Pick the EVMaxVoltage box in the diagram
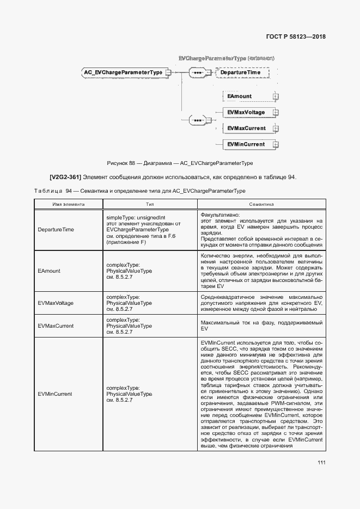click(247, 113)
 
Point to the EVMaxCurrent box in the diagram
click(247, 128)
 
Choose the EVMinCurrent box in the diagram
click(247, 144)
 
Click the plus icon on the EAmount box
click(276, 97)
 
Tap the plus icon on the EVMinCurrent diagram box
click(276, 145)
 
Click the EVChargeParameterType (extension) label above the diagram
click(226, 58)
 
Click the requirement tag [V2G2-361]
click(65, 177)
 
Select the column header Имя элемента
click(69, 204)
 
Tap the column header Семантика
click(261, 204)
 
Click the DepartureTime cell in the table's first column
click(56, 230)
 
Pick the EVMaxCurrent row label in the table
click(56, 326)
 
